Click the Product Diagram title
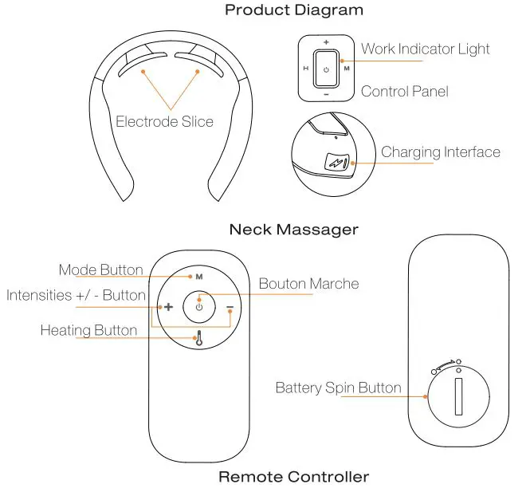coord(293,10)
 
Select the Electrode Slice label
coord(165,122)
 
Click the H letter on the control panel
coord(307,69)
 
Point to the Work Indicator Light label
coord(425,49)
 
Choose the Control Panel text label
coord(404,92)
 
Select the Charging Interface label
coord(440,152)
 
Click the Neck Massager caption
coord(293,230)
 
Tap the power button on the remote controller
coord(198,306)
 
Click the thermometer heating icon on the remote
coord(198,339)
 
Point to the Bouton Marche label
coord(308,284)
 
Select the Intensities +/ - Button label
coord(76,296)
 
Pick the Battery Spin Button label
coord(338,388)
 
